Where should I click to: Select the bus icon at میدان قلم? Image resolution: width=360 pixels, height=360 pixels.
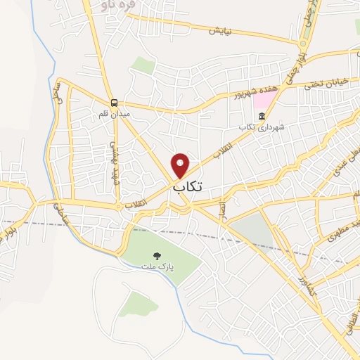114,102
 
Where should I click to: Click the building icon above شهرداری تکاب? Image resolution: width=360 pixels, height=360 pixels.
262,116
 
